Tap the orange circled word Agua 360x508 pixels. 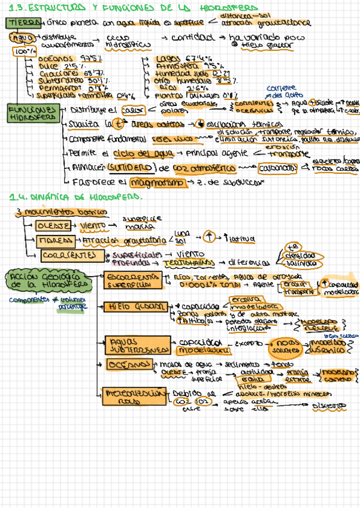pyautogui.click(x=22, y=37)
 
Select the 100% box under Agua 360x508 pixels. pyautogui.click(x=20, y=52)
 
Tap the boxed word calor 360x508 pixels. pyautogui.click(x=130, y=110)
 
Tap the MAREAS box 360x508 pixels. pyautogui.click(x=55, y=241)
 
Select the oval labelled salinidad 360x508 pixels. pyautogui.click(x=302, y=262)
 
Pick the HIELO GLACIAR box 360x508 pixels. pyautogui.click(x=134, y=307)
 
